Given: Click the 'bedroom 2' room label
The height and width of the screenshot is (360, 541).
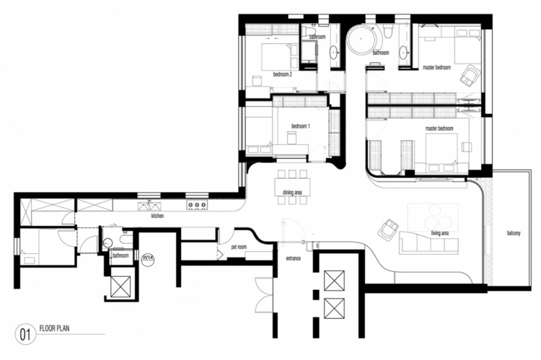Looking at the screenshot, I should coord(282,74).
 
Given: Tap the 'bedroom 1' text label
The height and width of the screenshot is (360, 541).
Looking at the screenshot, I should coord(300,126).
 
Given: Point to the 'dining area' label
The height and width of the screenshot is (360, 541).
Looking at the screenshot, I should coord(292,193).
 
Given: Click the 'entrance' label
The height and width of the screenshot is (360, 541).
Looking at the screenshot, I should coord(292,258).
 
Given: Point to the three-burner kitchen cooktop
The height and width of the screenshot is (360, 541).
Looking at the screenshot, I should coord(195,205).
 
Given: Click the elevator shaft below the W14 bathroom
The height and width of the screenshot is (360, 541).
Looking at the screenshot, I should coord(120,286).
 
